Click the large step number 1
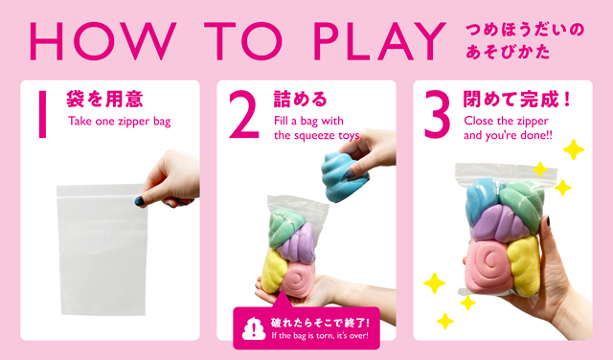[42, 114]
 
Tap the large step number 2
[244, 114]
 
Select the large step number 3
[438, 114]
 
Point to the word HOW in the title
[102, 40]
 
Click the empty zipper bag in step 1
[102, 249]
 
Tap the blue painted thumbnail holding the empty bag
[139, 201]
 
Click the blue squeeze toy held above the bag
[343, 177]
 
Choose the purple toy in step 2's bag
[297, 244]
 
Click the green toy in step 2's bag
[286, 227]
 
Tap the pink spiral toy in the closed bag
[489, 265]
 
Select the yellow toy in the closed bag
[525, 266]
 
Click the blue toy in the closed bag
[483, 198]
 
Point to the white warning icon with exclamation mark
[254, 328]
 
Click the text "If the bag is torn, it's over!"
[320, 335]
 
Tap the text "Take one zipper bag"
[119, 122]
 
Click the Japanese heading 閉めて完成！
[517, 100]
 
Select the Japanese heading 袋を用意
[104, 99]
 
